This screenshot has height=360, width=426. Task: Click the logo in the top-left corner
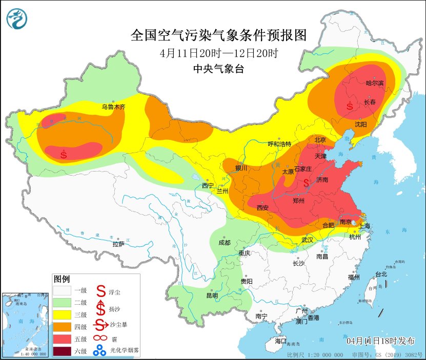(17, 18)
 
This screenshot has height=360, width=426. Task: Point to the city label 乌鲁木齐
(113, 107)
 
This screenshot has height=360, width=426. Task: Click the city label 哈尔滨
(374, 82)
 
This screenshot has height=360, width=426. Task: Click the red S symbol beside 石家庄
(307, 182)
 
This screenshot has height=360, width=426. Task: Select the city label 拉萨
(118, 244)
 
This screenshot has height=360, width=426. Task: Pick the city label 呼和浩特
(280, 144)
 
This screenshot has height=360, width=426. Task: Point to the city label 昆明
(212, 295)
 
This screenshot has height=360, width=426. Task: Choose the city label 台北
(381, 274)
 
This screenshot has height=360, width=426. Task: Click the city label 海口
(280, 341)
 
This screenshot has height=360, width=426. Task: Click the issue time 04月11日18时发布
(378, 341)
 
